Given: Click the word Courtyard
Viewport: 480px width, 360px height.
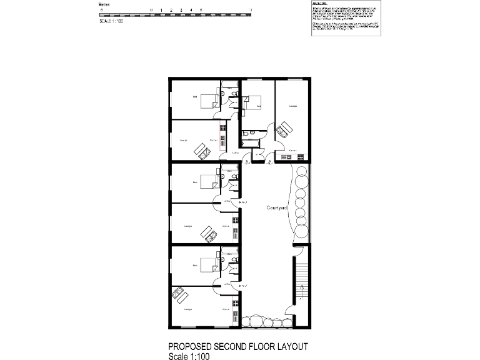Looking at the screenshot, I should tap(277, 207).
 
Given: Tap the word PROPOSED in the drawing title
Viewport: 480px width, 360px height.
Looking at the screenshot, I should tap(190, 346).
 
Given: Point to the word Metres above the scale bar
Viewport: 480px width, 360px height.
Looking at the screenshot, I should tap(106, 4).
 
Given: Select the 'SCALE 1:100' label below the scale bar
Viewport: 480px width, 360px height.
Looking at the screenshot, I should tap(112, 21).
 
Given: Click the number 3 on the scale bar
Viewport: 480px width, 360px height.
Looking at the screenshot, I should tap(181, 11).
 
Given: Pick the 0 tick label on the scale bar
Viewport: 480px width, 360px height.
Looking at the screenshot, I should tap(151, 11).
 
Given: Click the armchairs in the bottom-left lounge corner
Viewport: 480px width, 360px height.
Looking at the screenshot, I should tap(180, 293).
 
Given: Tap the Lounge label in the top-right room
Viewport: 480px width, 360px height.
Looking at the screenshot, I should tap(292, 106).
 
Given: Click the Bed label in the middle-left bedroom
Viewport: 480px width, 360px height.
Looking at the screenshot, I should tap(194, 182).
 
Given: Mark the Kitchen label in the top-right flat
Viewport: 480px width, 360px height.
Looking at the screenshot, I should tap(292, 151).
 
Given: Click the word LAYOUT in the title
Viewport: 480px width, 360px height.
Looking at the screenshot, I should tap(289, 346).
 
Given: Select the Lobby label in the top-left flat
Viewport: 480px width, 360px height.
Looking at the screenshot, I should tap(236, 152).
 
